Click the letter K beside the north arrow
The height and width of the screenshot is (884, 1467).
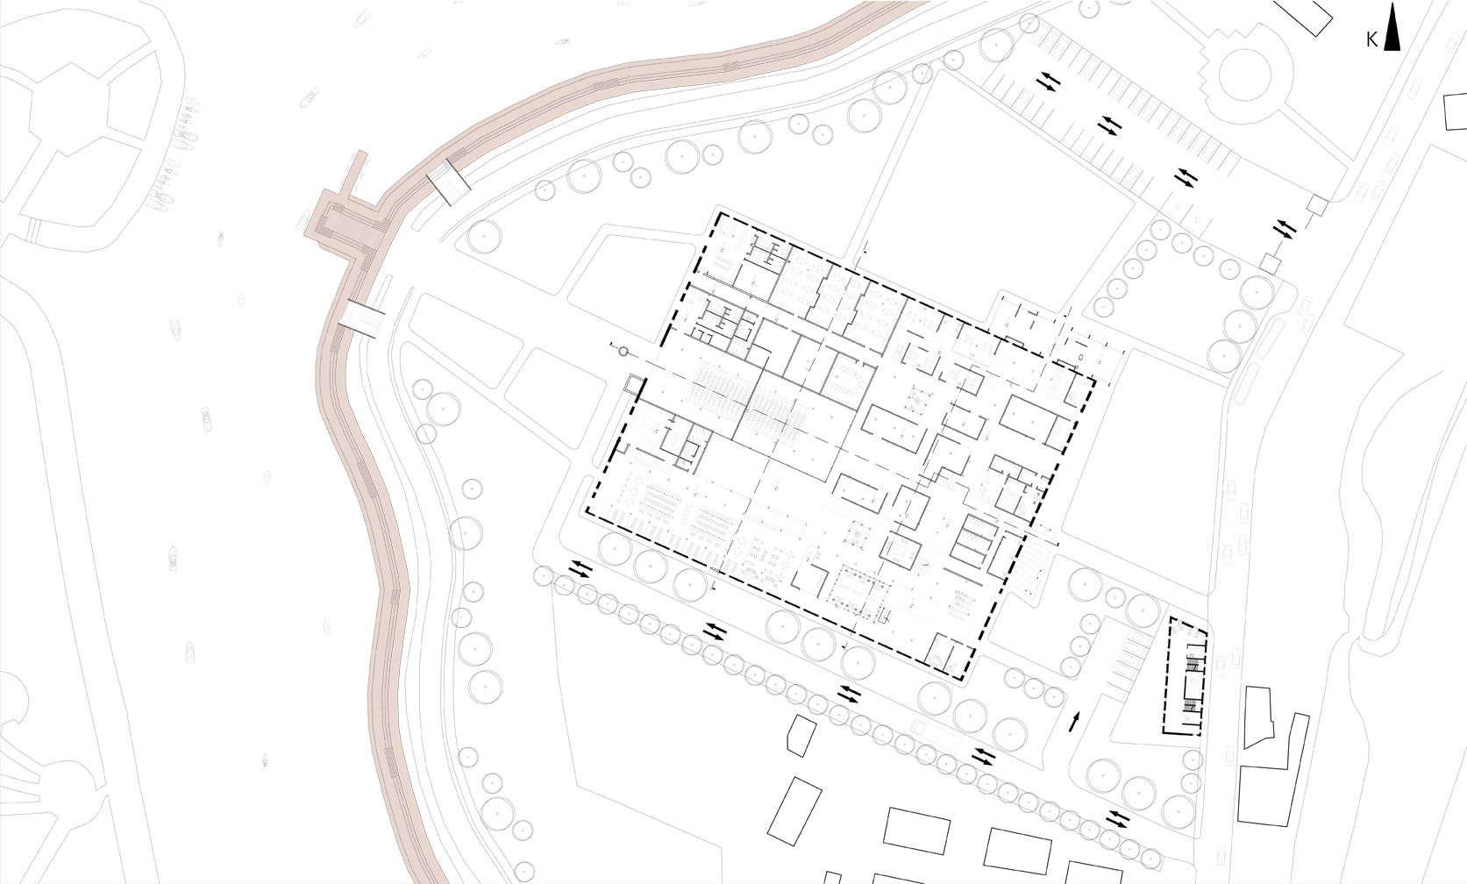(x=1372, y=40)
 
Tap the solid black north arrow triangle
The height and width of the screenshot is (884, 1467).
(x=1392, y=27)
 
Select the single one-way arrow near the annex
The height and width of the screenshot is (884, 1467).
(x=1073, y=722)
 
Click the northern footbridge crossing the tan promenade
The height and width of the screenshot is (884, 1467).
(x=449, y=182)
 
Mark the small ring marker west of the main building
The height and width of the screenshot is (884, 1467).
(x=623, y=353)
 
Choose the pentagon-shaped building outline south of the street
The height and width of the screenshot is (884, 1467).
(x=801, y=736)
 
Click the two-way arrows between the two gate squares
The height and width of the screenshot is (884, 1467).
(x=1285, y=229)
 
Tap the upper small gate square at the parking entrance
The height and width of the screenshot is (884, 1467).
(x=1318, y=204)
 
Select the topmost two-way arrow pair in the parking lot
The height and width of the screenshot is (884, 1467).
(x=1049, y=82)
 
